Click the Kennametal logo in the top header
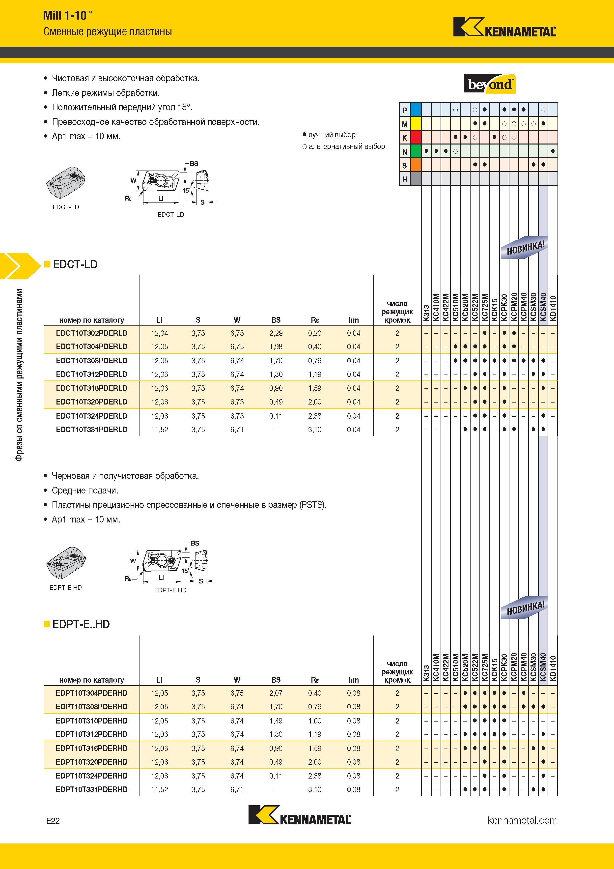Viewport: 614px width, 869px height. click(x=505, y=27)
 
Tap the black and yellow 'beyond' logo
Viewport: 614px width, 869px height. click(x=490, y=84)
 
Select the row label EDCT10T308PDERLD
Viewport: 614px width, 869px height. click(x=91, y=361)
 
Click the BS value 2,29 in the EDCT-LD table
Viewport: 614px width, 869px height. click(x=276, y=333)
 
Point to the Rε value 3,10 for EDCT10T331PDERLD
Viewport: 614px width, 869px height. click(x=315, y=430)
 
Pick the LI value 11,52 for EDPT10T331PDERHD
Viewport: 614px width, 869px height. click(x=159, y=789)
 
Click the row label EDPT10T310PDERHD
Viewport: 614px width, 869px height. click(x=91, y=721)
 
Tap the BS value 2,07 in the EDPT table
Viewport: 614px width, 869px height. click(x=276, y=693)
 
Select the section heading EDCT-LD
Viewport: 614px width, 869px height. click(x=75, y=264)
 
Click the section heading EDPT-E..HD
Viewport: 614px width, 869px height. click(x=81, y=624)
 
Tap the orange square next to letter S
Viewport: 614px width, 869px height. click(x=416, y=165)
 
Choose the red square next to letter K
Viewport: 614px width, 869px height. click(x=416, y=137)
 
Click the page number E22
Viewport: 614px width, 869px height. click(x=53, y=821)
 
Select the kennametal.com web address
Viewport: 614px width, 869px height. click(x=523, y=820)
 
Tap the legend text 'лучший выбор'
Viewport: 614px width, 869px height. click(x=332, y=135)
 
